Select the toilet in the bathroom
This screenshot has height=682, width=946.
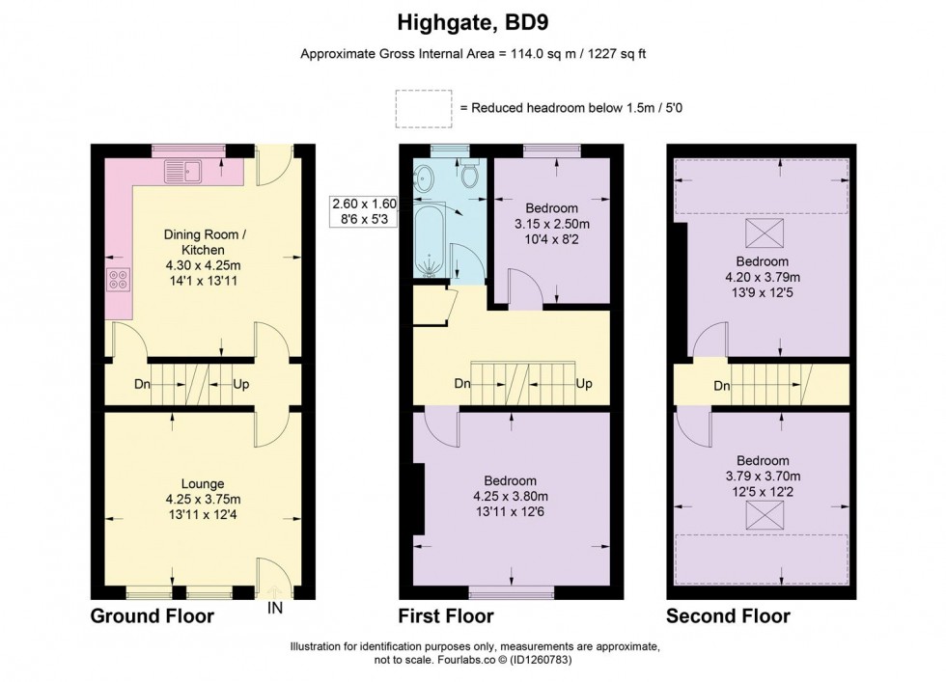(x=470, y=176)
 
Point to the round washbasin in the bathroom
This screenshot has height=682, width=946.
(x=426, y=177)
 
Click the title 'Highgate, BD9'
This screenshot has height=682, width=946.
(x=473, y=19)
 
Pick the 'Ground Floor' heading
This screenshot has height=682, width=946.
(x=153, y=615)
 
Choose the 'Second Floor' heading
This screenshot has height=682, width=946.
(x=727, y=615)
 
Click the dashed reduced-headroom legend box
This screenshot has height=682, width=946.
(x=423, y=107)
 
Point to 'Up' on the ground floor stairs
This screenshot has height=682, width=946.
(x=241, y=384)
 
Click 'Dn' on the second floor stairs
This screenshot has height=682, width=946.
(x=721, y=386)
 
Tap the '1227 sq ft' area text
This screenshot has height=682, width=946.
(x=610, y=54)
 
